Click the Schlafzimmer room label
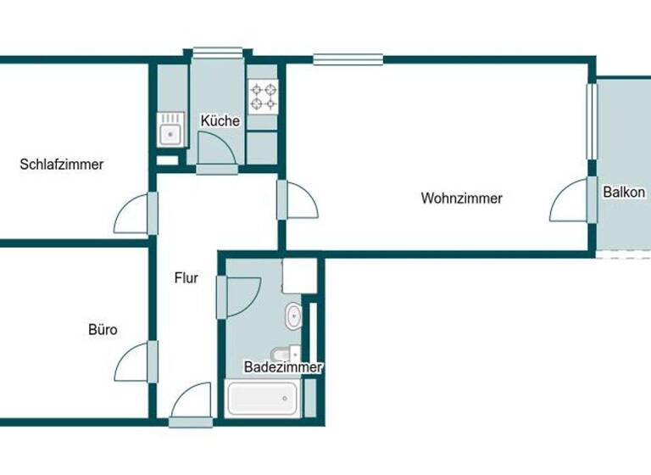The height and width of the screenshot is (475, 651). [x=62, y=165]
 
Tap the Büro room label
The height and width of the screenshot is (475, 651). [x=103, y=329]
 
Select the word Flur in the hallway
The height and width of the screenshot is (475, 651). [x=186, y=277]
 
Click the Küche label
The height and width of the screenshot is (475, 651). [x=220, y=121]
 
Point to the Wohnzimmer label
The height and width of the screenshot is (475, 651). [x=461, y=198]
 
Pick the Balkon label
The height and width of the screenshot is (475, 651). [x=624, y=193]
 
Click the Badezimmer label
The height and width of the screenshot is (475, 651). [x=282, y=367]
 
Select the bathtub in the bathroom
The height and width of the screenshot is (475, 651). [x=263, y=398]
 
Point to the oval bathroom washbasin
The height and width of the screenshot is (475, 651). [x=293, y=316]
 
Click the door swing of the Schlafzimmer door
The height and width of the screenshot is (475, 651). [x=134, y=214]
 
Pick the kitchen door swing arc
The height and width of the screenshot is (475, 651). [x=219, y=151]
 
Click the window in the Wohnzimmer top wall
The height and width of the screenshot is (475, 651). [x=347, y=59]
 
